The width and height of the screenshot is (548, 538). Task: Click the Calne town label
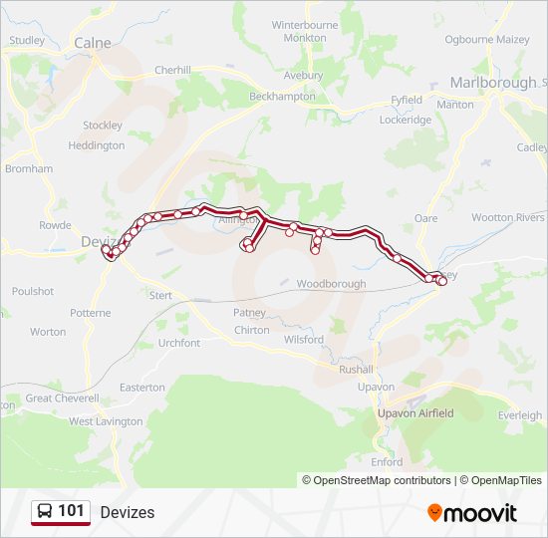[x=93, y=43]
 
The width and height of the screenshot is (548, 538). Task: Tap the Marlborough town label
[x=492, y=83]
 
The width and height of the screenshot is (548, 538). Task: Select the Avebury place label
[x=304, y=76]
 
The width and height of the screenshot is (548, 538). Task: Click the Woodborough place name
[x=331, y=284]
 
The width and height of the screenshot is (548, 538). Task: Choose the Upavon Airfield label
[x=415, y=413]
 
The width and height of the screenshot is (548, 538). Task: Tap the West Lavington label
[x=106, y=422]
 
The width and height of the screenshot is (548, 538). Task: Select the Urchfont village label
[x=179, y=343]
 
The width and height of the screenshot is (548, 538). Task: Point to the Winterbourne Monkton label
[x=305, y=30]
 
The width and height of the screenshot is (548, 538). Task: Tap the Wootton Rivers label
[x=507, y=217]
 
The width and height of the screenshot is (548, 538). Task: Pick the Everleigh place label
[x=520, y=415]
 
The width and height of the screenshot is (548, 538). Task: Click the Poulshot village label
[x=33, y=291]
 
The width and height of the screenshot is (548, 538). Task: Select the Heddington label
[x=97, y=145]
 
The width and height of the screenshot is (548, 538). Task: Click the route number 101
[x=71, y=511]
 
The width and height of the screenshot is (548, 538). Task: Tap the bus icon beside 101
[x=45, y=512]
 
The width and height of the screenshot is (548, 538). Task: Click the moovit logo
[x=472, y=513]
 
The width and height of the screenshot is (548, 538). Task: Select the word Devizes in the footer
[x=128, y=513]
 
